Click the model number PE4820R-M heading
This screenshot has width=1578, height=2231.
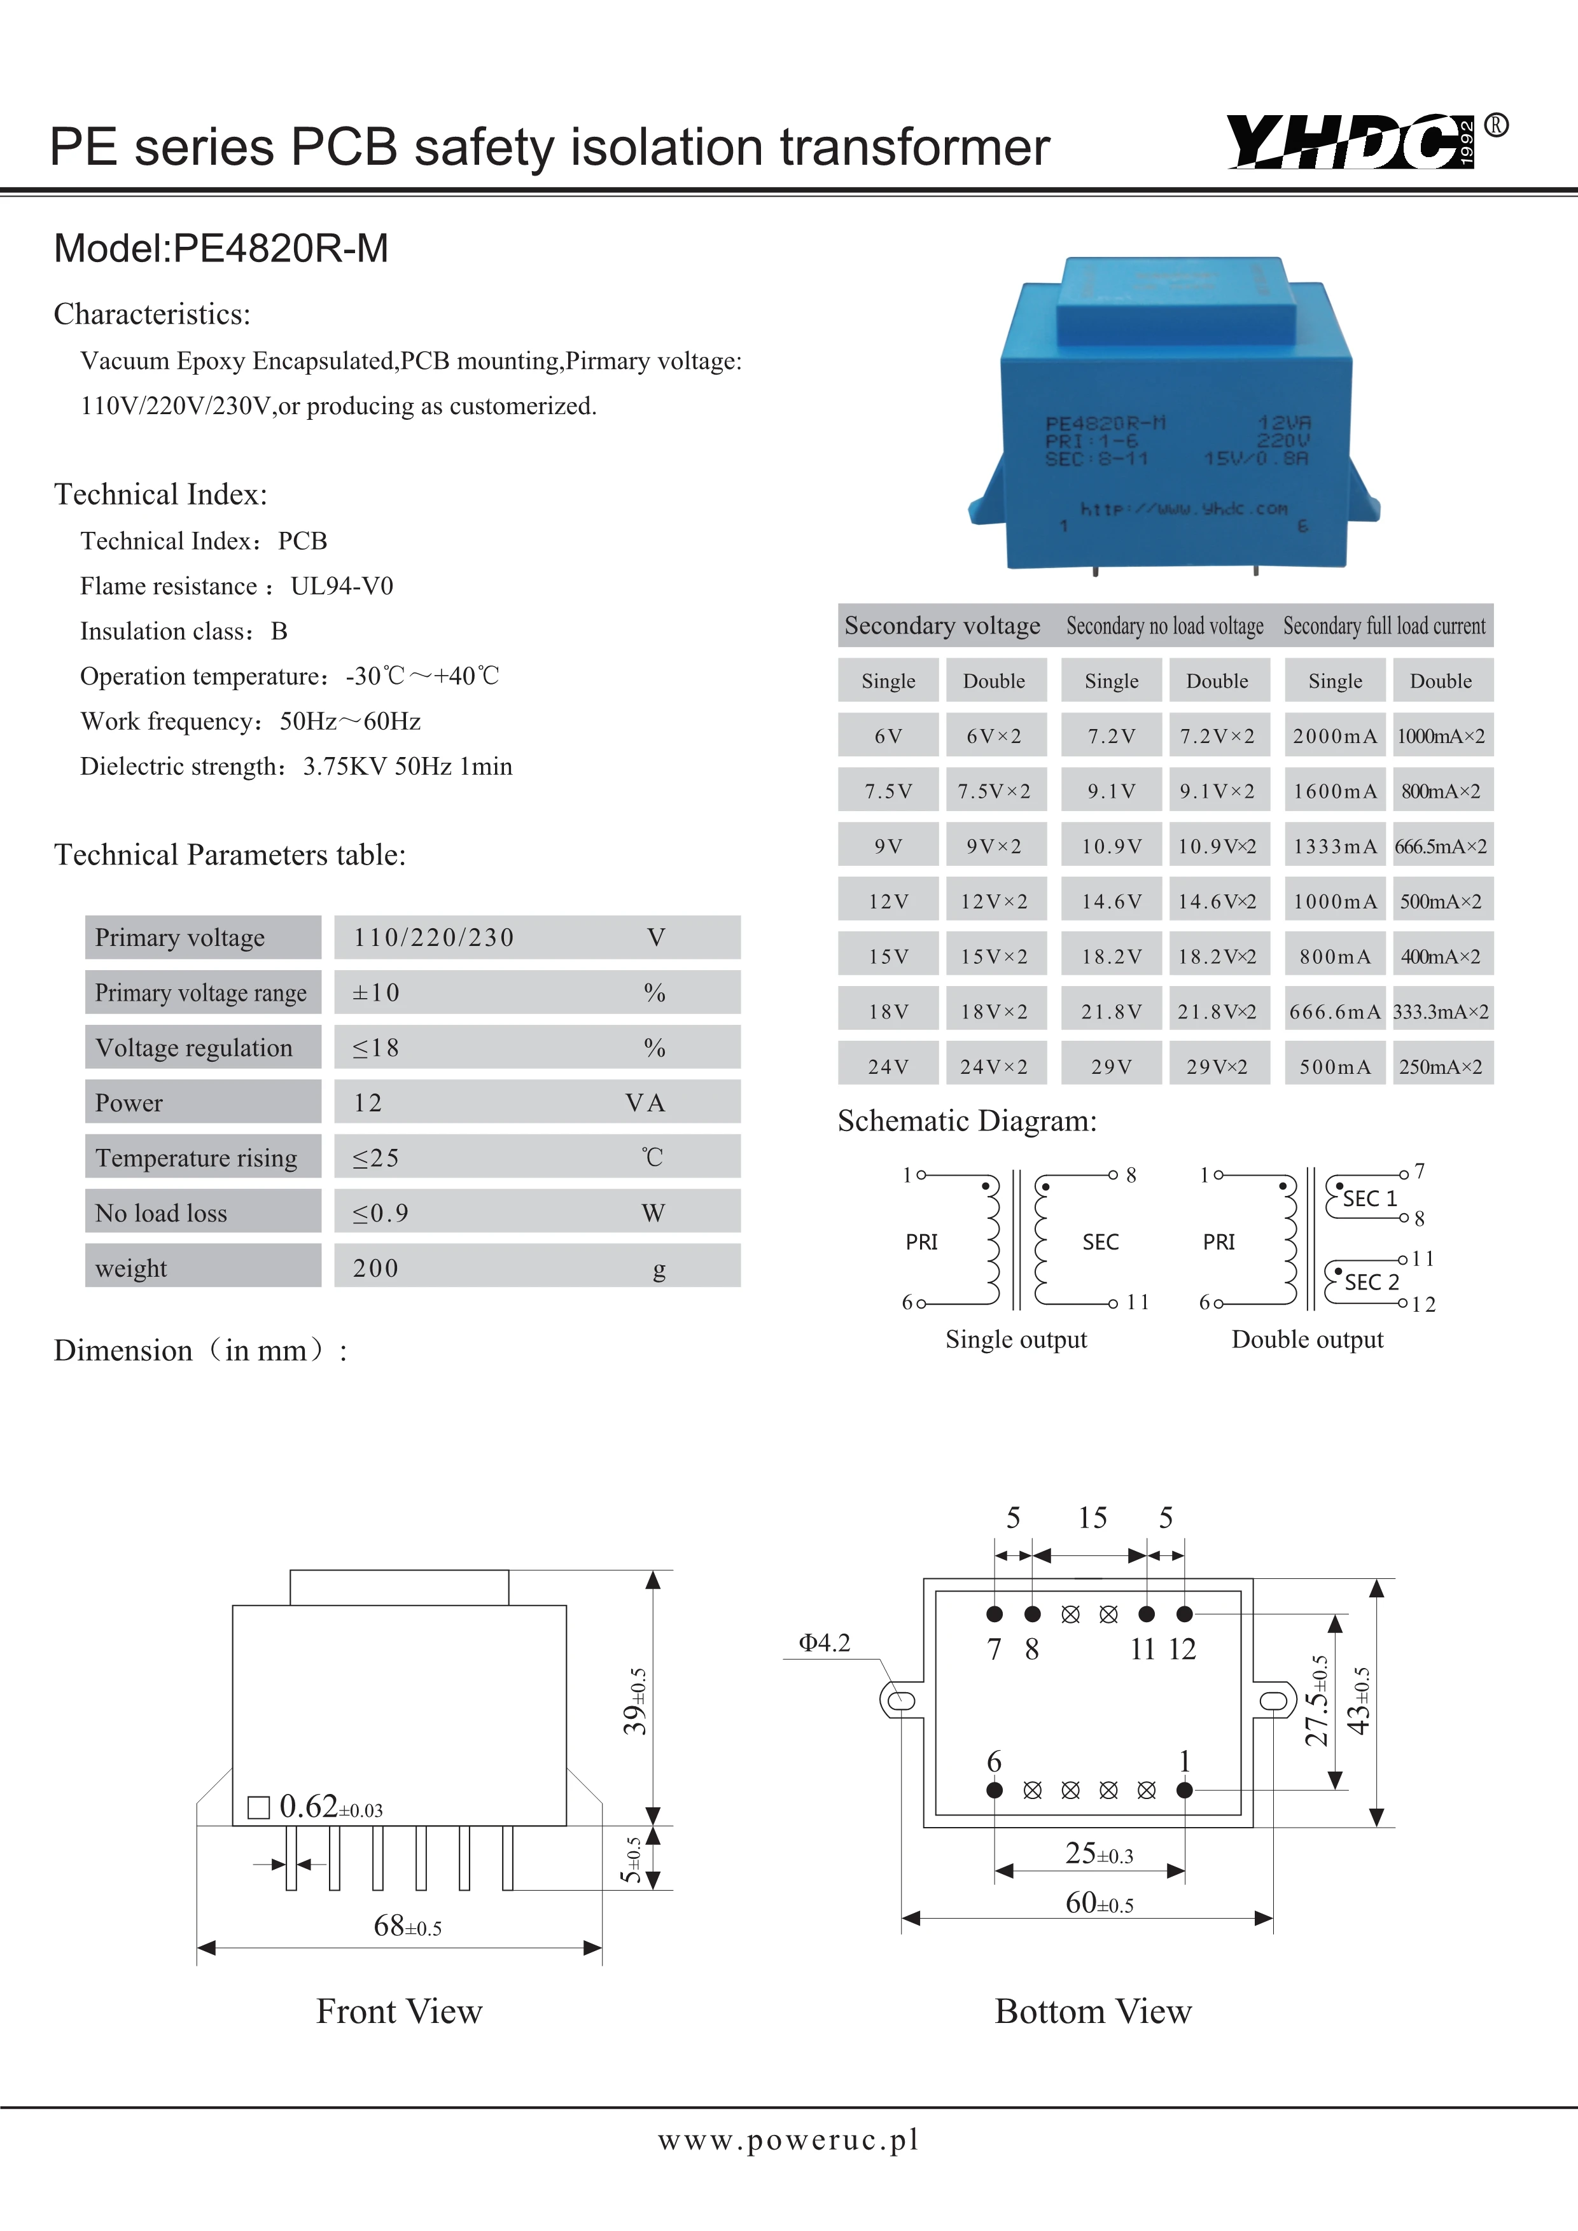pos(221,249)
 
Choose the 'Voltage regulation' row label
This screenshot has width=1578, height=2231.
pos(194,1048)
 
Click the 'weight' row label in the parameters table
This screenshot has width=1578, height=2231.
pos(131,1268)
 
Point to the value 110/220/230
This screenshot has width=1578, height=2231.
pos(433,938)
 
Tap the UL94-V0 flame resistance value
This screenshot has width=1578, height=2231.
pos(342,586)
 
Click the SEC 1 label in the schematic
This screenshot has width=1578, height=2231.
pos(1369,1198)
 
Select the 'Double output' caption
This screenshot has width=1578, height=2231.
pos(1307,1339)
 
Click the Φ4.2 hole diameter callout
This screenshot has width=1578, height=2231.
pos(824,1643)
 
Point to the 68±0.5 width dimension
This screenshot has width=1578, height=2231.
pos(407,1926)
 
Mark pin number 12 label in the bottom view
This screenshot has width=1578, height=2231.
pos(1182,1649)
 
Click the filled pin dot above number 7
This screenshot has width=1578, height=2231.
pos(994,1614)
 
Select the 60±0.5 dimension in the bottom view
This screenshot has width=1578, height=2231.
pos(1099,1903)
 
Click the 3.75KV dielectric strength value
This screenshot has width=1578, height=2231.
pos(346,767)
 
